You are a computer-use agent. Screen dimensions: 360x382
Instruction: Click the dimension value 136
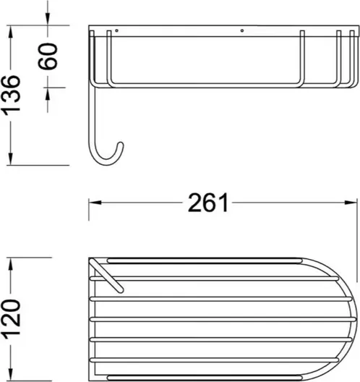pos(11,95)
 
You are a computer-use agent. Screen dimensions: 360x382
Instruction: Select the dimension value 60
pos(48,56)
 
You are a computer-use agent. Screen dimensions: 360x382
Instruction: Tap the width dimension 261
pos(208,203)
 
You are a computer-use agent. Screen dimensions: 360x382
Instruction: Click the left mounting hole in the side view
pos(116,30)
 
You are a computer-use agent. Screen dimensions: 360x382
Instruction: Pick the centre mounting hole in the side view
pos(242,30)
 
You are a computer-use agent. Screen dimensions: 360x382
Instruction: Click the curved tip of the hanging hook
pos(120,145)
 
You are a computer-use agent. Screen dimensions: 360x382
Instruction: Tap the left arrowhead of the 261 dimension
pos(95,203)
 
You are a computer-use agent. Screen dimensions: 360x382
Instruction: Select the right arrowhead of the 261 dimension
pos(351,203)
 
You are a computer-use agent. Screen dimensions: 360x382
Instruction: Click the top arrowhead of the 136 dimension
pos(10,32)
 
